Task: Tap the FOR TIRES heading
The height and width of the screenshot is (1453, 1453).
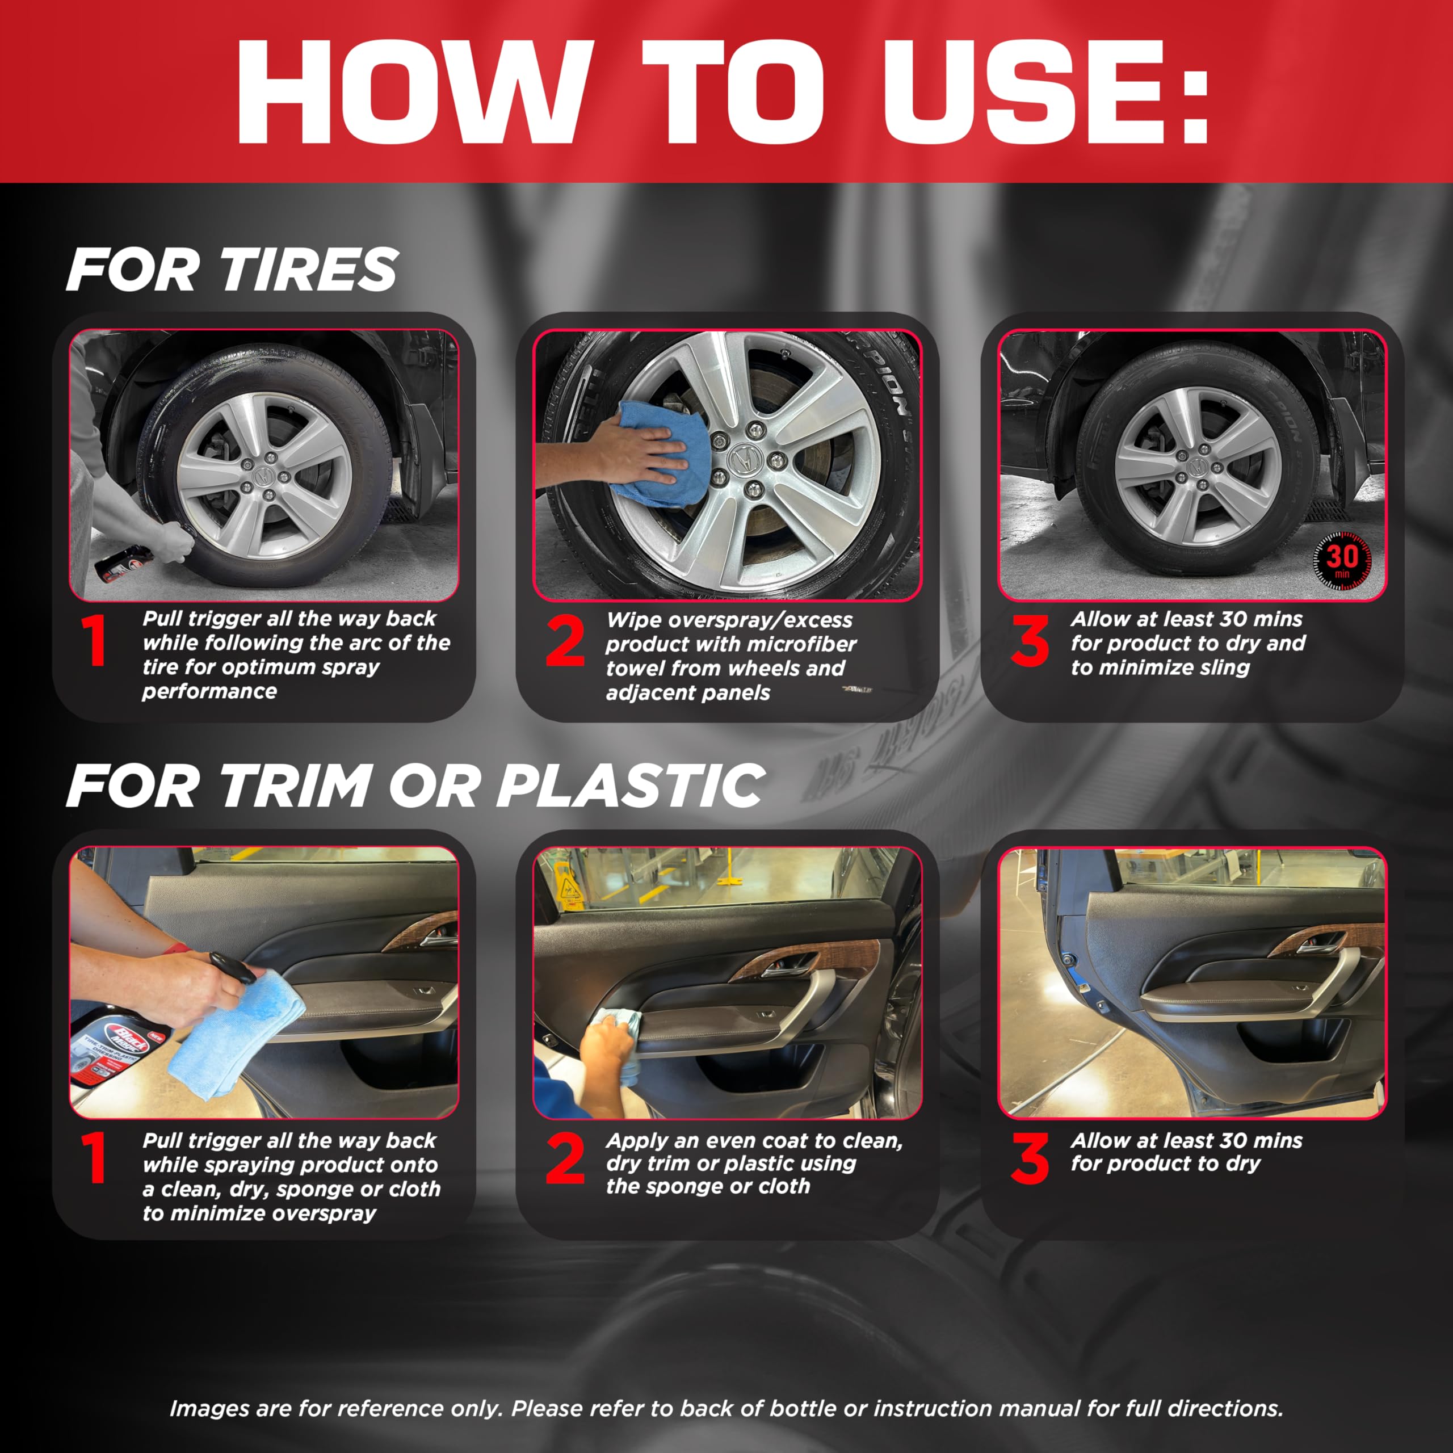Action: click(232, 270)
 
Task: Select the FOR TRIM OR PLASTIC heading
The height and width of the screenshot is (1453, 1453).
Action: click(415, 787)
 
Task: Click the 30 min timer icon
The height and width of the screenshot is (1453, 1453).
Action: click(1341, 560)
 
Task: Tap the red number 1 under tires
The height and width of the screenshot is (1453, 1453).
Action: click(95, 641)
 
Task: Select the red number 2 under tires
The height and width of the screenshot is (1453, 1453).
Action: click(565, 641)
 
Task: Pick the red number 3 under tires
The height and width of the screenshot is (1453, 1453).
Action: click(1030, 641)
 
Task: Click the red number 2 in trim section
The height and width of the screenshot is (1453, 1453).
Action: click(565, 1159)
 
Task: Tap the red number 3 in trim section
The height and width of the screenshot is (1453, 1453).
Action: click(1030, 1159)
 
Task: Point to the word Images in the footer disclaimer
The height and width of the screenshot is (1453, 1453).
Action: click(211, 1409)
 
